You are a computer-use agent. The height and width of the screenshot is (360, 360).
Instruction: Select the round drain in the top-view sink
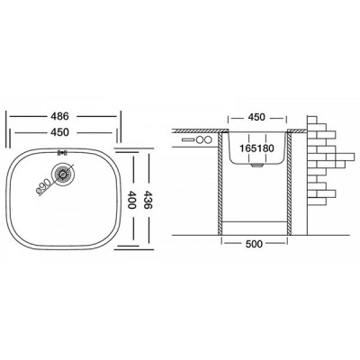[61, 175]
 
